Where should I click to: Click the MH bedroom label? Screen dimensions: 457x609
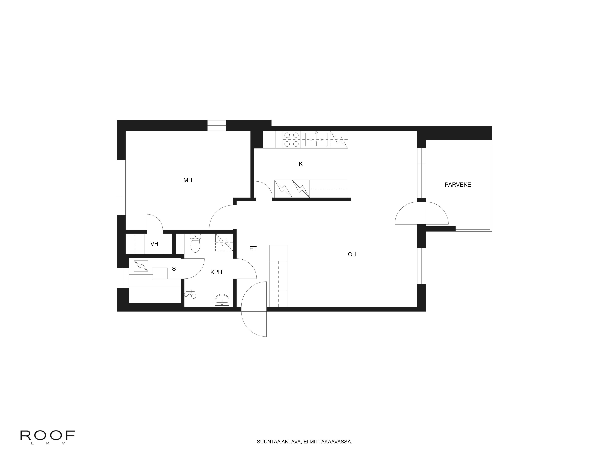coord(188,180)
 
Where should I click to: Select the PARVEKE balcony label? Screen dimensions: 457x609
coord(458,185)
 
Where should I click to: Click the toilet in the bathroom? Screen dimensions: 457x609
coord(195,244)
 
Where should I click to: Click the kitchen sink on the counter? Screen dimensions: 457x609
coord(316,139)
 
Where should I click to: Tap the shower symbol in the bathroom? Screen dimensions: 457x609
coord(190,294)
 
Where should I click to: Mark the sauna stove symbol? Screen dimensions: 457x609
coord(141,266)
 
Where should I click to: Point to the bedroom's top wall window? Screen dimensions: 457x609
coord(217,126)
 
